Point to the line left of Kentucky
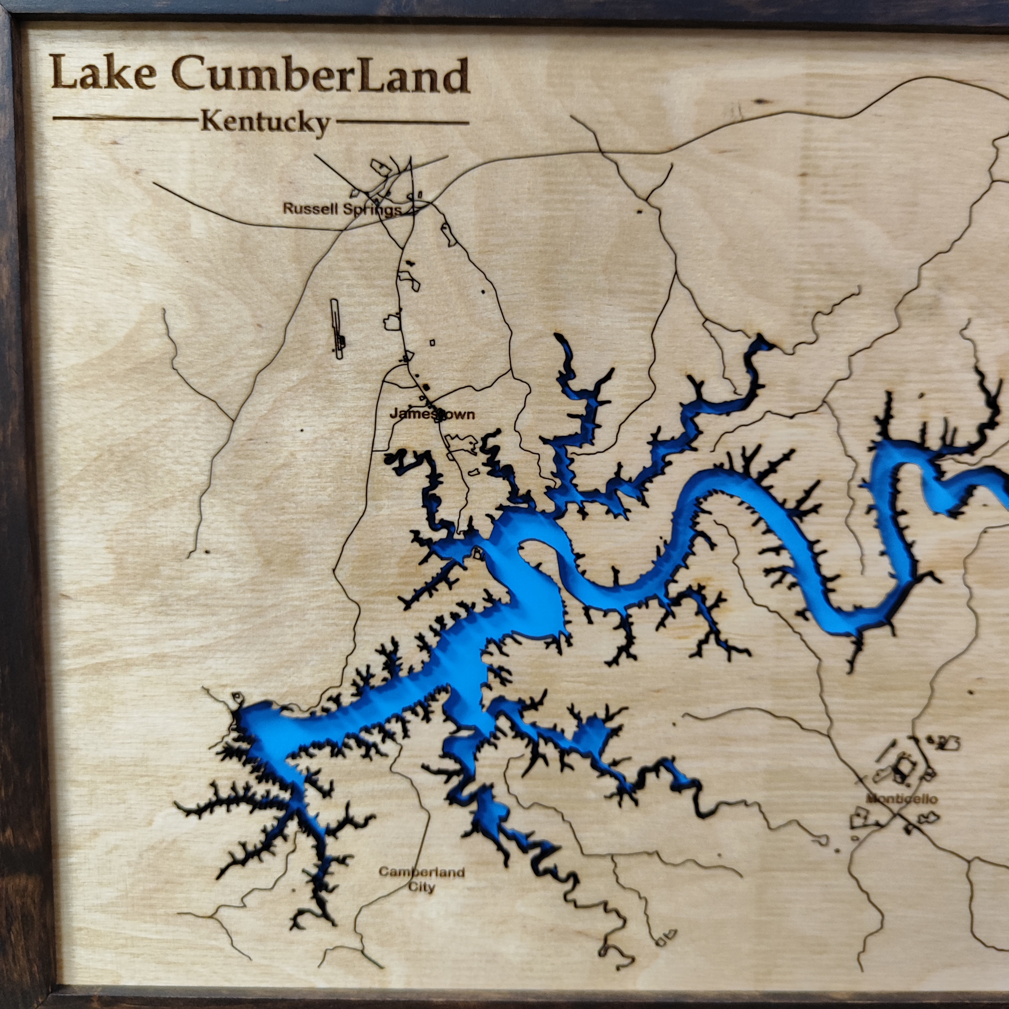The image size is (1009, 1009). [125, 118]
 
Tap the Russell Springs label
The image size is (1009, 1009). [342, 210]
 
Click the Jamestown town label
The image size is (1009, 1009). [433, 414]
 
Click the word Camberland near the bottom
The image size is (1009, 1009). [421, 872]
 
